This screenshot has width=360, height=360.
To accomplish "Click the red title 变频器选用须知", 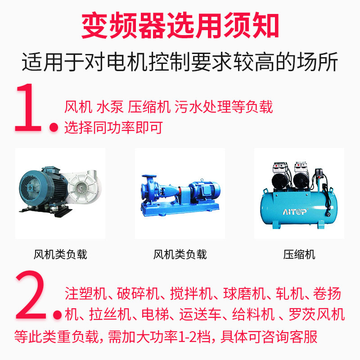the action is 180,26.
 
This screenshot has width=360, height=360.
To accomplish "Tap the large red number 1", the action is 28,108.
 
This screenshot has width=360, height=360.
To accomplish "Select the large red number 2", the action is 31,295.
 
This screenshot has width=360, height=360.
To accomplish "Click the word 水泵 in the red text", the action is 110,107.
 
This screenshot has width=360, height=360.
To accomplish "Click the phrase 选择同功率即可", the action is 114,127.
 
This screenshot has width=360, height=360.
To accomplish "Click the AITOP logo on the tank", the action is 295,211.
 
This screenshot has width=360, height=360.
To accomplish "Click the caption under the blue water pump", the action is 180,254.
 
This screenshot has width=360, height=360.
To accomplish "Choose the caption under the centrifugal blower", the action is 60,254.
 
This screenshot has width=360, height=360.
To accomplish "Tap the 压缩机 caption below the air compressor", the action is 299,254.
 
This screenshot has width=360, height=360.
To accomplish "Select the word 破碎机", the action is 138,293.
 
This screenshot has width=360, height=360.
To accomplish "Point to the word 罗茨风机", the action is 317,314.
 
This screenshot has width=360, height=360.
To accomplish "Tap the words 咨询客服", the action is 290,337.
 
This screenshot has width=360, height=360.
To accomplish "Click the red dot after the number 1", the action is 54,127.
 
